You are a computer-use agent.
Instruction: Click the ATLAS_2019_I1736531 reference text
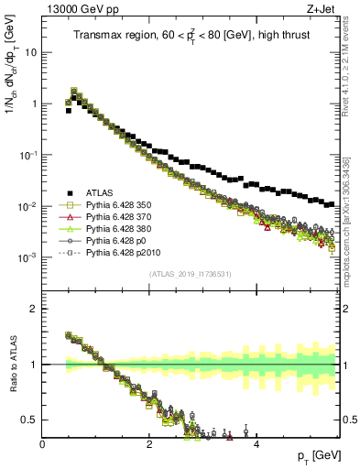190,275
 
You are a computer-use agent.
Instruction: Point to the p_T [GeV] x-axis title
319,456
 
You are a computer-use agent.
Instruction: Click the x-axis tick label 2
149,443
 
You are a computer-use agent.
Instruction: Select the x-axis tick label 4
256,443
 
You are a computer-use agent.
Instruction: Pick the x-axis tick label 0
43,443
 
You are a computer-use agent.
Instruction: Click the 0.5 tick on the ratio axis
29,420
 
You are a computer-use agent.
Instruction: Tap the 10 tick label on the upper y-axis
29,52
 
